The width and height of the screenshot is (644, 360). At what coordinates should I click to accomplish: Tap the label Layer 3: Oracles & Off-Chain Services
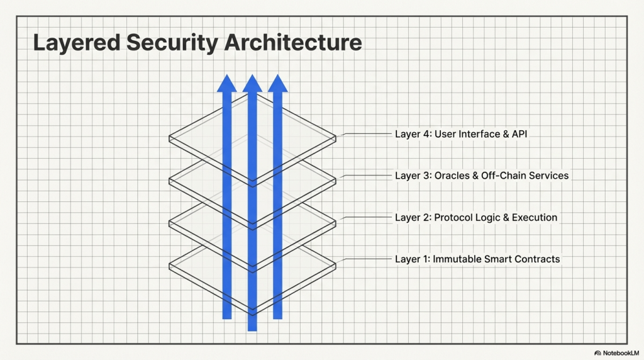[481, 176]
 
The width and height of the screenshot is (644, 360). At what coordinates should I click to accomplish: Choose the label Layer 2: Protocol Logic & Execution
[475, 218]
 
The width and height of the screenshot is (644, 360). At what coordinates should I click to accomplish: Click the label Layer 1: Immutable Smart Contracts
[477, 259]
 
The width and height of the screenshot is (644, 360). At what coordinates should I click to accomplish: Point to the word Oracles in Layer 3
[452, 176]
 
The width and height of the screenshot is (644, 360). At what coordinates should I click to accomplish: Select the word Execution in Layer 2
[534, 218]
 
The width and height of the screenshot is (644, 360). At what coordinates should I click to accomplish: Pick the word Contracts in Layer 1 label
[538, 259]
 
